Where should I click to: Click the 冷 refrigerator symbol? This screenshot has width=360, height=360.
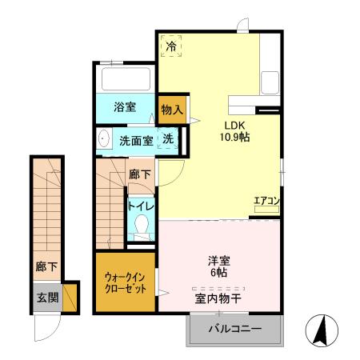pos(170,46)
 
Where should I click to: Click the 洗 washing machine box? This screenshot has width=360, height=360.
pos(168,139)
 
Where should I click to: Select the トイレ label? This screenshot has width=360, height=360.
pos(143,206)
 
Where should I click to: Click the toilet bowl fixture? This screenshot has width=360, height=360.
pos(143,225)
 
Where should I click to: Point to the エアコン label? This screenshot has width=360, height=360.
pos(266,201)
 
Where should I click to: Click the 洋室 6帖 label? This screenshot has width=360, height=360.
pos(219,266)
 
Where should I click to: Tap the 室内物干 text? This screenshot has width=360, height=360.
pos(218,298)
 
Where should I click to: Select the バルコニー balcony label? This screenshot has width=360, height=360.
pos(235,329)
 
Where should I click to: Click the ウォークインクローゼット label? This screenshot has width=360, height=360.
pos(126,283)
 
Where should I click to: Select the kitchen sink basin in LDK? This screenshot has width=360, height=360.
pos(269,81)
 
